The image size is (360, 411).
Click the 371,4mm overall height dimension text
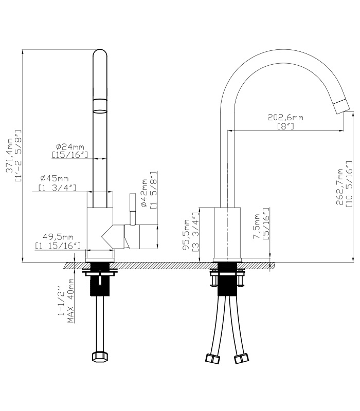click(x=10, y=156)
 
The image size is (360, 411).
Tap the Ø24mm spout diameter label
click(x=70, y=146)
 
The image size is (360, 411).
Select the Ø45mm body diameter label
click(x=55, y=178)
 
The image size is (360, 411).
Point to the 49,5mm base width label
click(x=58, y=237)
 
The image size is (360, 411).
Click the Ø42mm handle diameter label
click(x=145, y=193)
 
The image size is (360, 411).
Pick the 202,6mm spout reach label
click(x=285, y=117)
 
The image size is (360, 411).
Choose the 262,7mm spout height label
click(x=340, y=186)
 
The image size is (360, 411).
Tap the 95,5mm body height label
click(x=187, y=235)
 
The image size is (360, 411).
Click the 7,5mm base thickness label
click(x=256, y=227)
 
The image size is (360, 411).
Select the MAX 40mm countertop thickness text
click(x=70, y=301)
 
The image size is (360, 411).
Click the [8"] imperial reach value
click(x=285, y=126)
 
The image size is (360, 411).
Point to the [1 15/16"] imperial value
click(x=58, y=246)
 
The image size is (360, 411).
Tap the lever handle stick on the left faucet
click(x=133, y=209)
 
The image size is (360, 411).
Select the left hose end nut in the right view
click(x=212, y=359)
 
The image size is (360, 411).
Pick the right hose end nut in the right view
click(x=241, y=358)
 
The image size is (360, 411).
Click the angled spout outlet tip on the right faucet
click(x=341, y=107)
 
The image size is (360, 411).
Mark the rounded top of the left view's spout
click(x=100, y=52)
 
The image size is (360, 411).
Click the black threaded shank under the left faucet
click(x=100, y=279)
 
